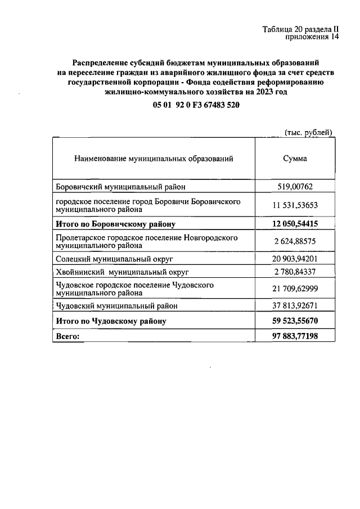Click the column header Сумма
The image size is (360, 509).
coord(295,159)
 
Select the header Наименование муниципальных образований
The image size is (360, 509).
coord(154,159)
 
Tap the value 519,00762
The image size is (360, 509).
coord(295,187)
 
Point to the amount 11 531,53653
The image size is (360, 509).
coord(295,205)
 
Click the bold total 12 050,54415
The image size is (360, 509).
coord(295,224)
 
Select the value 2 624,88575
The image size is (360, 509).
coord(295,242)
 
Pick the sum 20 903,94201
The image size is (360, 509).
coord(295,259)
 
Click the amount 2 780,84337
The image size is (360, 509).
coord(295,272)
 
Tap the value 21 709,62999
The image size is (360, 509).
coord(295,289)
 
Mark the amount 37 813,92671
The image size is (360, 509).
coord(295,306)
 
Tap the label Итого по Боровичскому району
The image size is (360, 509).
coord(115,224)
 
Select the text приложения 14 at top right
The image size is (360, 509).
coord(312,38)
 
